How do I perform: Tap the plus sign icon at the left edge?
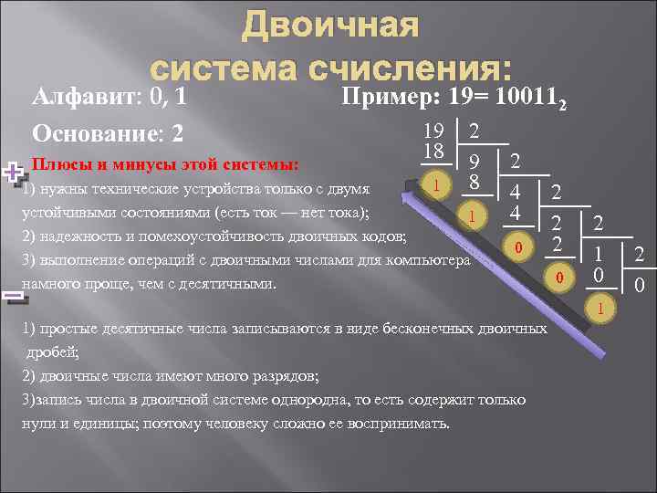pyautogui.click(x=12, y=171)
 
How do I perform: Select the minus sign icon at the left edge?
pyautogui.click(x=12, y=296)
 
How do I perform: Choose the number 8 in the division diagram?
pyautogui.click(x=474, y=183)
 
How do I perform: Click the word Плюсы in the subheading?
pyautogui.click(x=57, y=165)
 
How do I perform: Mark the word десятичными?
pyautogui.click(x=224, y=283)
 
